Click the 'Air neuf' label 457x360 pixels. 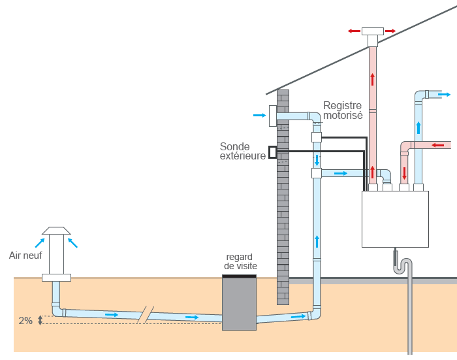point(25,255)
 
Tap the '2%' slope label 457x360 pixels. point(25,321)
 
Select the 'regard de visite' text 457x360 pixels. point(240,261)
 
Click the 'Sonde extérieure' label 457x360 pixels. point(242,151)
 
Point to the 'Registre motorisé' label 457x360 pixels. point(343,110)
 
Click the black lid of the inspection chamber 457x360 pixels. point(240,276)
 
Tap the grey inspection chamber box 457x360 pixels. point(240,304)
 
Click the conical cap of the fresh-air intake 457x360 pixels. point(56,231)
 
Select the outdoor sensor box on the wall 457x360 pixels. point(272,152)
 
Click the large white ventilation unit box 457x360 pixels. point(395,219)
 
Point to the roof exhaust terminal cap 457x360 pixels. point(373,31)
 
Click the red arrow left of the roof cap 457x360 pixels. point(354,31)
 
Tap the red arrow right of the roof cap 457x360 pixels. point(390,31)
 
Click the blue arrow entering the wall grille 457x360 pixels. point(259,115)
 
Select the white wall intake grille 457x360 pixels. point(272,116)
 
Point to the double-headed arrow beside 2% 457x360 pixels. point(40,320)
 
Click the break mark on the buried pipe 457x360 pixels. point(146,314)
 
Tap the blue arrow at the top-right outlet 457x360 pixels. point(444,95)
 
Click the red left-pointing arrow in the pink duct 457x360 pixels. point(438,145)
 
